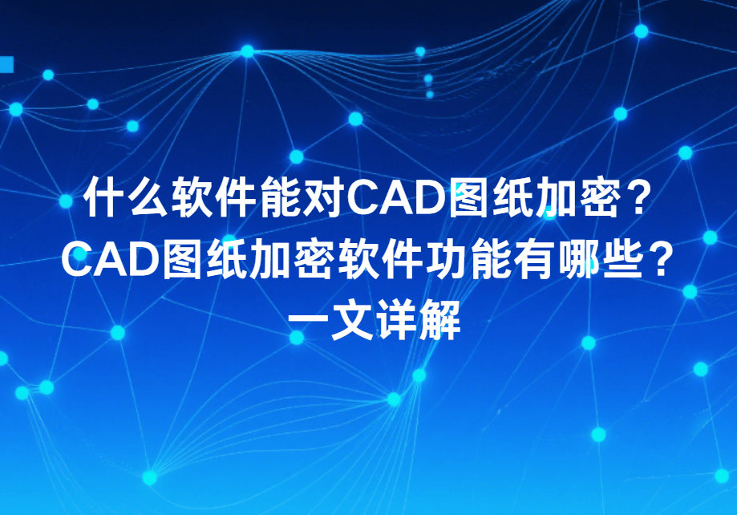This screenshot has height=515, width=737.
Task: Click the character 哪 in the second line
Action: [577, 259]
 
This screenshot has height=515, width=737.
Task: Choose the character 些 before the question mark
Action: [621, 259]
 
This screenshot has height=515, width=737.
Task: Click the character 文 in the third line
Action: [353, 320]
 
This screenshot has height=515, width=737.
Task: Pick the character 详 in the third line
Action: [396, 320]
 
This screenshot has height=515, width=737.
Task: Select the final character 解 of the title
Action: [440, 320]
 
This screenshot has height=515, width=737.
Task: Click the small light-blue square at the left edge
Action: [6, 65]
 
